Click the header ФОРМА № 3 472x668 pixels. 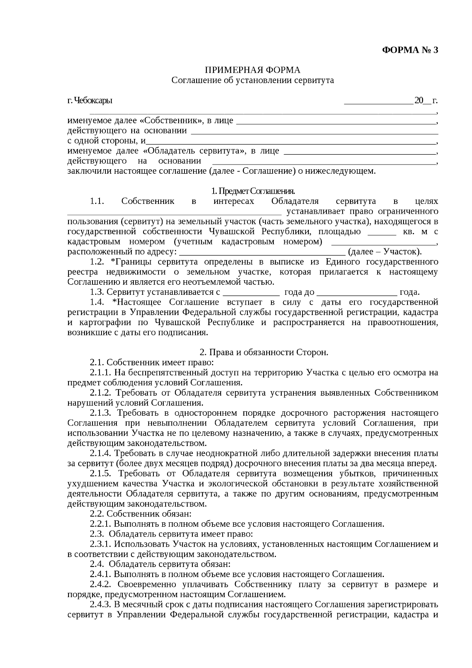[x=410, y=50]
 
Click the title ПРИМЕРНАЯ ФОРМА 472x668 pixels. [x=252, y=70]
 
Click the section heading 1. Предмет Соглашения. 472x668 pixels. [x=253, y=191]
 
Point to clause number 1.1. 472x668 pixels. [x=97, y=201]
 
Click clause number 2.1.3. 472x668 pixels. [x=101, y=413]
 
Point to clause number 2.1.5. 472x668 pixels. [x=101, y=474]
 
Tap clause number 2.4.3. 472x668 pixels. [x=101, y=604]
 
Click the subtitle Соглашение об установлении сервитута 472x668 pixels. [x=253, y=80]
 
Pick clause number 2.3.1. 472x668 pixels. [x=101, y=544]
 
